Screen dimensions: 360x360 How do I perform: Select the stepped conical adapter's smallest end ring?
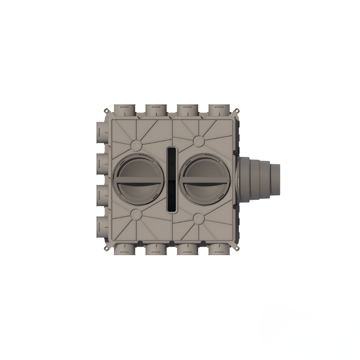pyautogui.click(x=275, y=180)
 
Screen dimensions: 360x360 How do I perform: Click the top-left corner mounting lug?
pyautogui.click(x=106, y=110)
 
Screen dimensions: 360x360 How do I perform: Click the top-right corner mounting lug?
pyautogui.click(x=237, y=110)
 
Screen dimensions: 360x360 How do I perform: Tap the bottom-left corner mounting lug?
pyautogui.click(x=106, y=249)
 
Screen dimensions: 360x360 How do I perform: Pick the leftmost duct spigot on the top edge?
pyautogui.click(x=125, y=110)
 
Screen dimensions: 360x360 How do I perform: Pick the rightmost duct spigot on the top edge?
pyautogui.click(x=219, y=110)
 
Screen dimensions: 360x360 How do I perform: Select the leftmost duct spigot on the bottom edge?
pyautogui.click(x=125, y=249)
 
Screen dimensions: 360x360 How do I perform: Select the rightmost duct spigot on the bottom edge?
pyautogui.click(x=219, y=249)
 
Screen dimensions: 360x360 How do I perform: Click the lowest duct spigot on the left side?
pyautogui.click(x=102, y=227)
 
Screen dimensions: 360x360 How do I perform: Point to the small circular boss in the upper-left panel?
pyautogui.click(x=136, y=145)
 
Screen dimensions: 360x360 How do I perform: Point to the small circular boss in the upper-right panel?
pyautogui.click(x=199, y=141)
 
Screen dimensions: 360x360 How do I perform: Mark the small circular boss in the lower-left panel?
pyautogui.click(x=136, y=215)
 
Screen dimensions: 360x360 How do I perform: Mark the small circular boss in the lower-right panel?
pyautogui.click(x=199, y=219)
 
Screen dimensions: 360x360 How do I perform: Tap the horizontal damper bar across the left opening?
pyautogui.click(x=138, y=183)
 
